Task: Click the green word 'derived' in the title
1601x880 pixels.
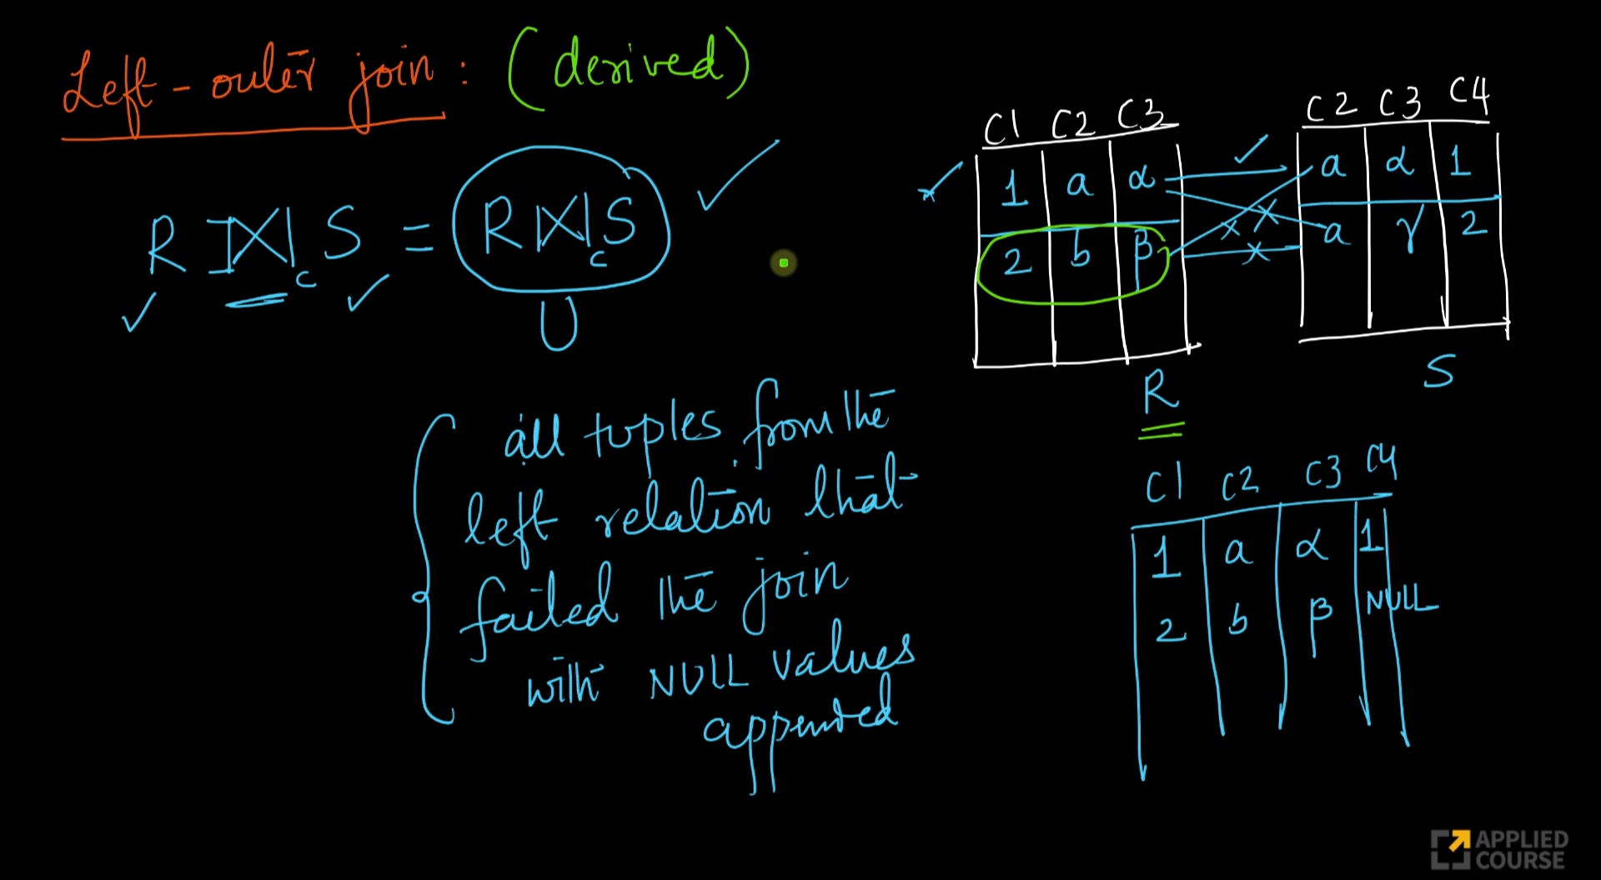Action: point(635,63)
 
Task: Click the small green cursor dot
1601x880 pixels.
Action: point(784,263)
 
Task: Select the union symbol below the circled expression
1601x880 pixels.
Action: point(558,325)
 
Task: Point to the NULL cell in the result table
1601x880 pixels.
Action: point(1401,600)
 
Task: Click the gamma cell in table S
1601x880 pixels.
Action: point(1408,229)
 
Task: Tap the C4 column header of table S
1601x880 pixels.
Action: point(1468,95)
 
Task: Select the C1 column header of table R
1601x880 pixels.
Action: point(1001,128)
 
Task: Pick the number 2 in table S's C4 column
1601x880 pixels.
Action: point(1473,223)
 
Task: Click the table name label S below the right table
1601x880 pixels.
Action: point(1439,372)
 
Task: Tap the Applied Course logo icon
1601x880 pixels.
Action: point(1450,849)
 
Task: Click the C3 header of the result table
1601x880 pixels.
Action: point(1323,474)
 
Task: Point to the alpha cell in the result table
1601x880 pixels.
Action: point(1311,547)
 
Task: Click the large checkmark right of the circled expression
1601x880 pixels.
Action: point(737,175)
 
